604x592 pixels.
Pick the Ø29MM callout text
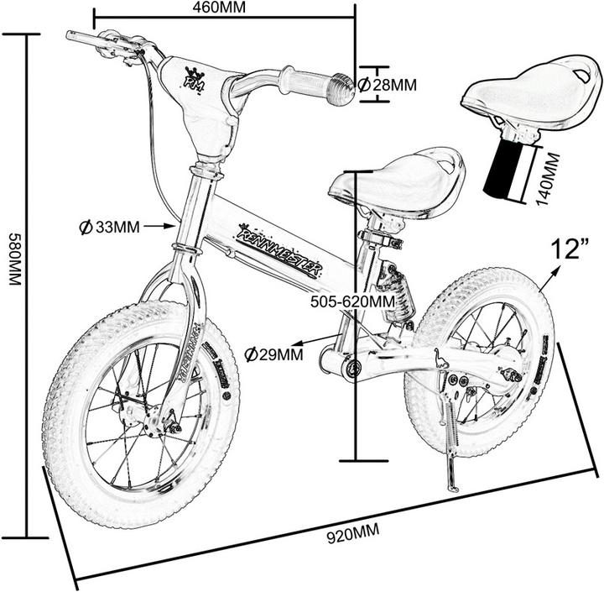(273, 354)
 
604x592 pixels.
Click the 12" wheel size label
(566, 249)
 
